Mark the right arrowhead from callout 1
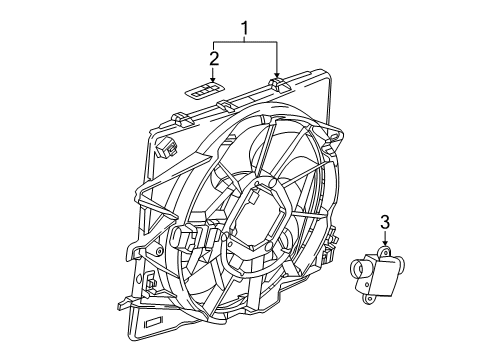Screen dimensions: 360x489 [276, 76]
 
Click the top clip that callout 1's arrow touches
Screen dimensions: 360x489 [279, 86]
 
